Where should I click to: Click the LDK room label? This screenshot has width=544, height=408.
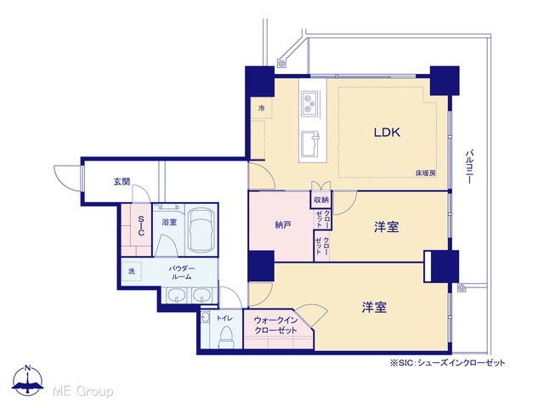387,133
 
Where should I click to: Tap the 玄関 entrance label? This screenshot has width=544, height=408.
122,181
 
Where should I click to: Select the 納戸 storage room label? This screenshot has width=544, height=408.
283,225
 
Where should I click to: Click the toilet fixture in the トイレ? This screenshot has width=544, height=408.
226,337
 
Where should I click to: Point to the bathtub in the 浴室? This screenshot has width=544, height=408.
201,229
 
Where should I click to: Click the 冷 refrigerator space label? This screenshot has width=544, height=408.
261,108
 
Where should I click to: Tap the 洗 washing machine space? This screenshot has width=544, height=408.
132,271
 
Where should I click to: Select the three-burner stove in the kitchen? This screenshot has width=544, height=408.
309,103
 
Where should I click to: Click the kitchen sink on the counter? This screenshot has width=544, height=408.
310,144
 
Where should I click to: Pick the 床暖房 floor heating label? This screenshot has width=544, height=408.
426,173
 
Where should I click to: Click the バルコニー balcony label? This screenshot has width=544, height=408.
469,167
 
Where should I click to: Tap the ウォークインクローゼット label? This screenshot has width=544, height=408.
275,325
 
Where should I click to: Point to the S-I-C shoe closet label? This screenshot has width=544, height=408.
141,225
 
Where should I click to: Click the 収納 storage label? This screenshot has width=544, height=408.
321,201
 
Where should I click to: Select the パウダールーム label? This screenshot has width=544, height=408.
181,272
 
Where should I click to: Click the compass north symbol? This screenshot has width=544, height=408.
28,380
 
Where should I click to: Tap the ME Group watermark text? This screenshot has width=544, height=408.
82,391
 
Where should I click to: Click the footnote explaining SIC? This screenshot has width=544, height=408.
448,363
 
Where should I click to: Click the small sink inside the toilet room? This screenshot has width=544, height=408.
205,317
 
